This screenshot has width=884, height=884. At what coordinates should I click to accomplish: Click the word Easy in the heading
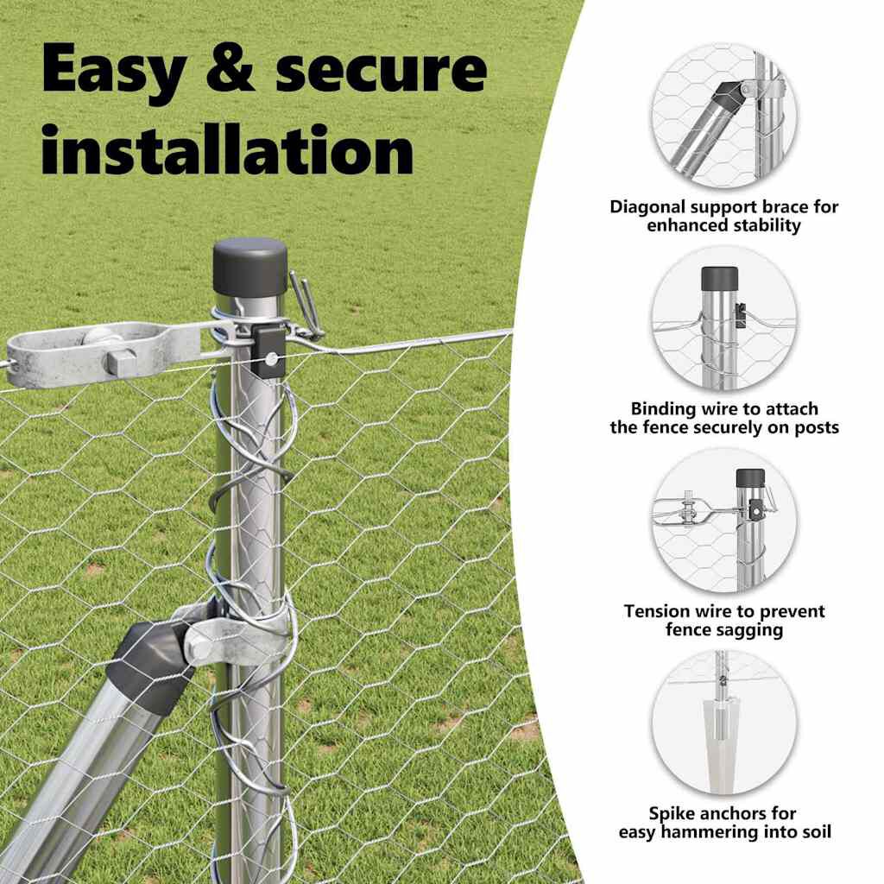(112, 71)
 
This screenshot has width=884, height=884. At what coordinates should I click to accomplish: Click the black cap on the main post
(250, 264)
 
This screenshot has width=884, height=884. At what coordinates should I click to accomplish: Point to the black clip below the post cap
(268, 350)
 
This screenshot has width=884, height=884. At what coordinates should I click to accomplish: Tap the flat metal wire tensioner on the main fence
(104, 350)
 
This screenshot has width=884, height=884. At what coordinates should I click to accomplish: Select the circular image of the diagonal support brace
(723, 117)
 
